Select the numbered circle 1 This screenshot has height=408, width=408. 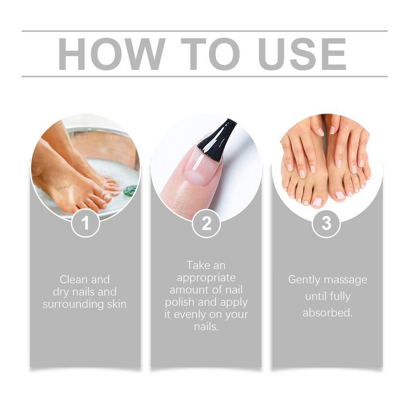[85, 224]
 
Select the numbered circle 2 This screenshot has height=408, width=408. [206, 224]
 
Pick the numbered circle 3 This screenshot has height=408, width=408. [326, 224]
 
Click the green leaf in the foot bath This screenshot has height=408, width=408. [130, 190]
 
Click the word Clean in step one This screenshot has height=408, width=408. [73, 279]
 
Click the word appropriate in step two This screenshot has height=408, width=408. [206, 278]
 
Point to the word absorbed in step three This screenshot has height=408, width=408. [328, 313]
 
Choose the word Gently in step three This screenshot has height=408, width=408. [304, 280]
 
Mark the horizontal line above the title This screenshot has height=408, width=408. [204, 31]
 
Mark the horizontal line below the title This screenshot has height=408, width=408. [204, 76]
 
